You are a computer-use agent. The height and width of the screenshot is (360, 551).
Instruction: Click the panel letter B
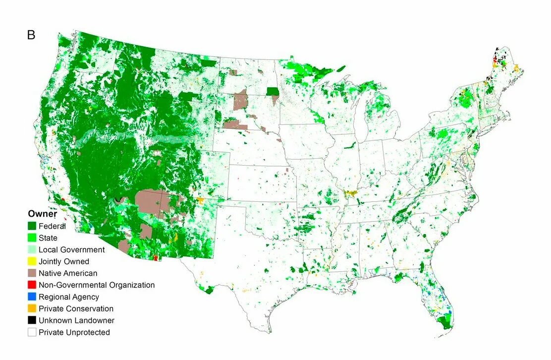pos(31,35)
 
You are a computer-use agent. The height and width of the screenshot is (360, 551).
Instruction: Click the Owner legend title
pos(42,214)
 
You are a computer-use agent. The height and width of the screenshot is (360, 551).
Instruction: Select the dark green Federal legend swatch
pos(32,226)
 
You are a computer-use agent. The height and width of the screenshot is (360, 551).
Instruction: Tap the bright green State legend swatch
pos(32,238)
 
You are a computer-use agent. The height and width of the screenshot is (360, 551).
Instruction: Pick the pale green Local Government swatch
pos(32,250)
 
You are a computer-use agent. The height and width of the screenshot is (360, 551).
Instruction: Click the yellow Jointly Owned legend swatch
pos(32,261)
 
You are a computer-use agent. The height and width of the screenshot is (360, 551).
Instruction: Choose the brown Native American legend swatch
pos(32,273)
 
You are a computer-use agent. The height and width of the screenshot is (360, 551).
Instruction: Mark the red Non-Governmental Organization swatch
pos(32,285)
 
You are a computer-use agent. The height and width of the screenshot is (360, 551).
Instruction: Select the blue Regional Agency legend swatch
pos(32,297)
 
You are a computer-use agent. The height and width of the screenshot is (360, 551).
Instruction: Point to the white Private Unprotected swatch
pos(32,332)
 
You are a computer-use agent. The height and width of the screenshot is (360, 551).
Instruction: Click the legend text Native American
pos(68,273)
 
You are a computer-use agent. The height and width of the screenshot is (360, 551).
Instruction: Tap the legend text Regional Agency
pos(69,297)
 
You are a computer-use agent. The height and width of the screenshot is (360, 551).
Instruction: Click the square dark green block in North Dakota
pos(273,91)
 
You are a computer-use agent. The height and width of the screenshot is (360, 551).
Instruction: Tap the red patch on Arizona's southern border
pos(156,258)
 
